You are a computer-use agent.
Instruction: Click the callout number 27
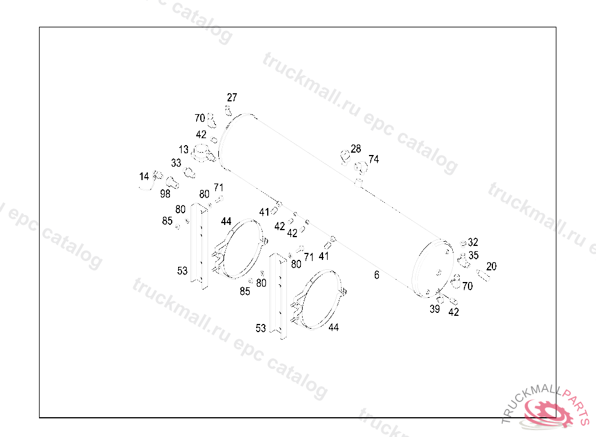[232, 97]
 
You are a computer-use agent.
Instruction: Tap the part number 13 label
[184, 150]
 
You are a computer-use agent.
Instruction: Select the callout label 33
[176, 163]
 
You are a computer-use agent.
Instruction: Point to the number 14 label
[144, 176]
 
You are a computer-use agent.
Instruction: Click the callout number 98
[165, 193]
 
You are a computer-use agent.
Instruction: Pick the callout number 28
[356, 149]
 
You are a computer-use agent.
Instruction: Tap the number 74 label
[374, 159]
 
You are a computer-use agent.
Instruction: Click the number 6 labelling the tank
[377, 275]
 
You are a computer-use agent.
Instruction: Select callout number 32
[473, 242]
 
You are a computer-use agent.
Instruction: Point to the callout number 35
[474, 255]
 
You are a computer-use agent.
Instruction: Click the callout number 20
[491, 266]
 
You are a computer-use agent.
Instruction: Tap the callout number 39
[435, 309]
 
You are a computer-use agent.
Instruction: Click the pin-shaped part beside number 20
[483, 274]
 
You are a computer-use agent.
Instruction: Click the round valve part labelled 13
[201, 154]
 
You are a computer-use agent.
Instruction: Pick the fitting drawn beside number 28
[345, 155]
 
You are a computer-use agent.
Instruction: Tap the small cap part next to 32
[463, 244]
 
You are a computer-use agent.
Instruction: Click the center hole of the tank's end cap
[438, 272]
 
